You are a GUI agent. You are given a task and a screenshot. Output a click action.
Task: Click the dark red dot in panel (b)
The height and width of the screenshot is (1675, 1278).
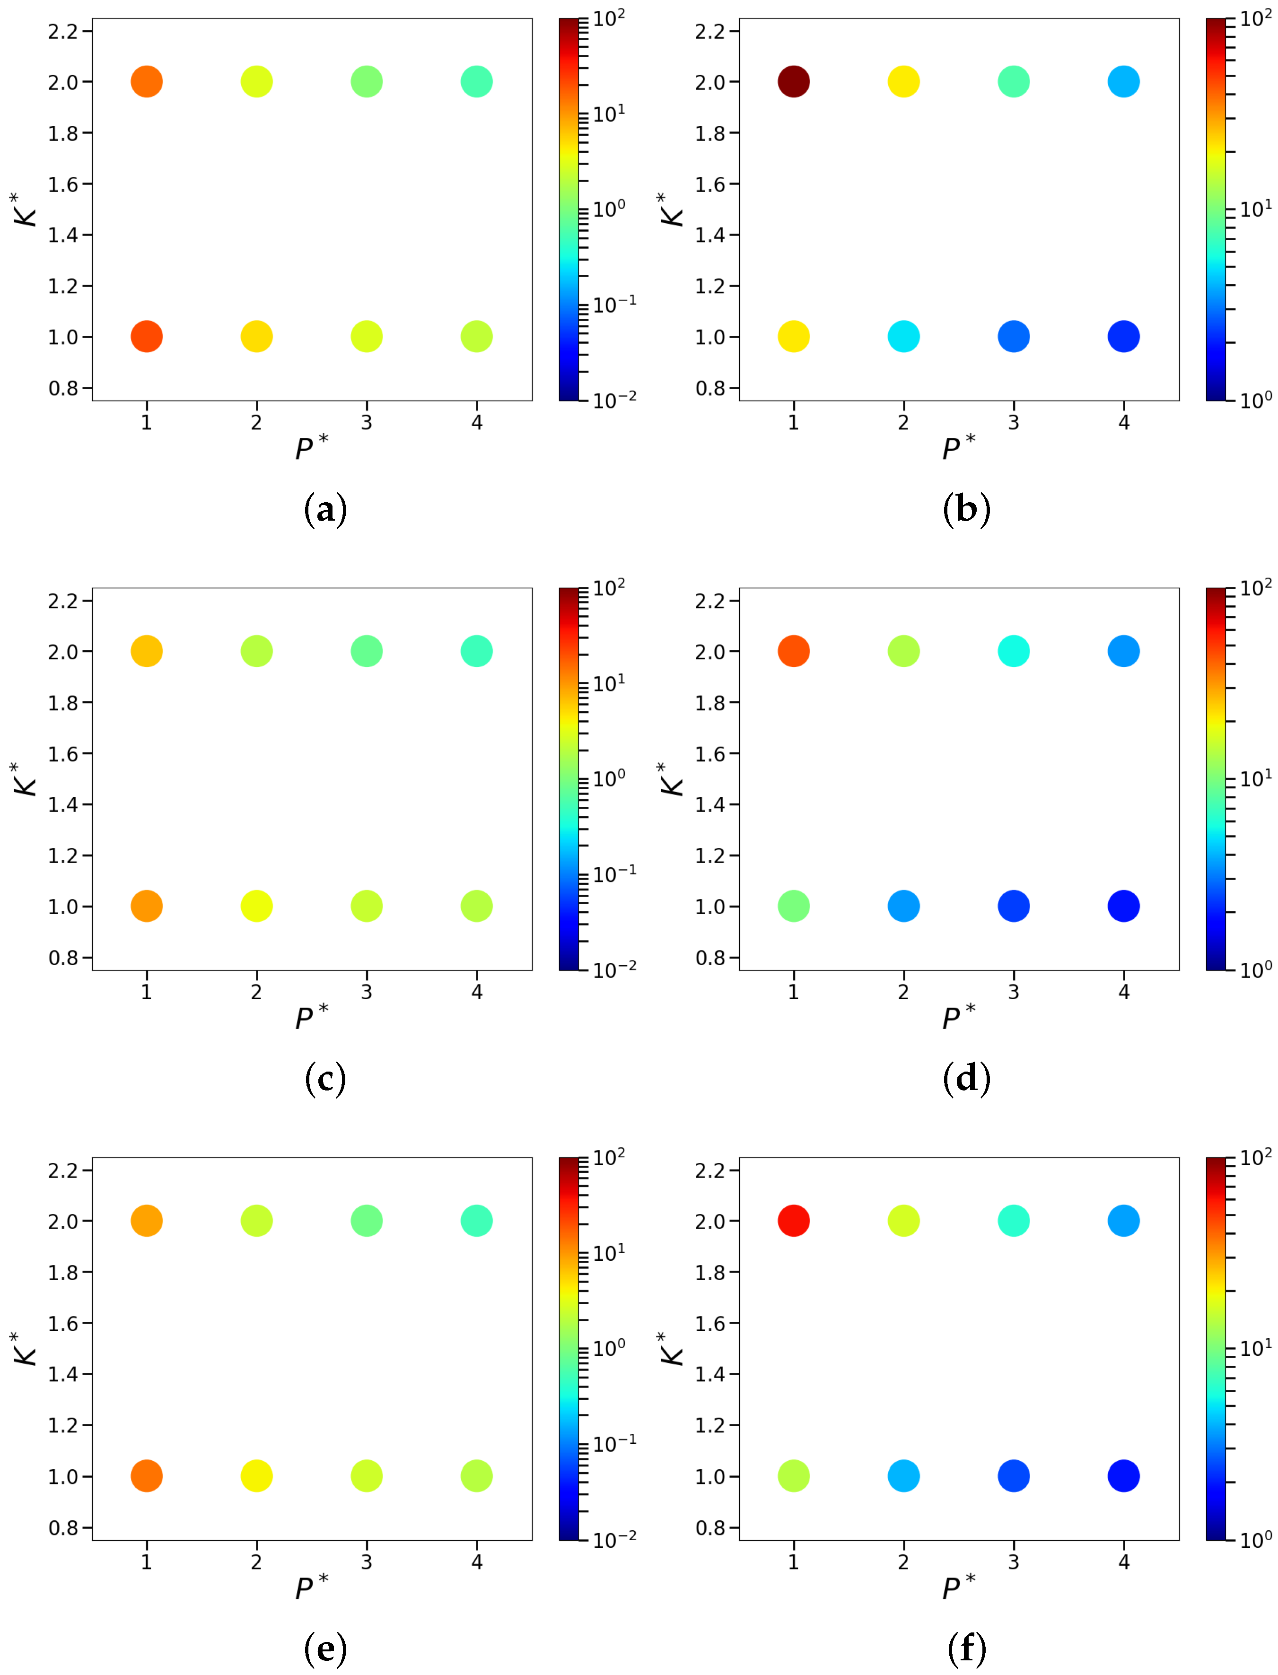793,81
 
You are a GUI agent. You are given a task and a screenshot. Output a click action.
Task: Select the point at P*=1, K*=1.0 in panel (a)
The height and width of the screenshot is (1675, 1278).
147,336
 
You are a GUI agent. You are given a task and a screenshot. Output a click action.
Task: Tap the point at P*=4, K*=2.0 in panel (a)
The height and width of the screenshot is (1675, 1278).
476,81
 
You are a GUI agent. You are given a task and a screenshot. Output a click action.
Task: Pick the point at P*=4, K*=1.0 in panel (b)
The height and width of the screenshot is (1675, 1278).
1124,336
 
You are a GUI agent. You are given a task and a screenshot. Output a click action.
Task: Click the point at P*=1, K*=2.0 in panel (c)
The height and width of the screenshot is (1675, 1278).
147,651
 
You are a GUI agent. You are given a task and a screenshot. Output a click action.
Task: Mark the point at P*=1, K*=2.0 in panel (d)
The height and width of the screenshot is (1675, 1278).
793,651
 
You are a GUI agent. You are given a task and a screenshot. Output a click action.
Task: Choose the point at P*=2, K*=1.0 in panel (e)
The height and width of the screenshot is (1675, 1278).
256,1476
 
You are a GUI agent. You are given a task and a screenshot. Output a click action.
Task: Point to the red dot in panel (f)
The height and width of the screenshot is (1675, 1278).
793,1221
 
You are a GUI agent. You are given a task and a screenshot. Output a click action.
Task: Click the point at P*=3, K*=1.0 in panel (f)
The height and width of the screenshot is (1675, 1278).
1013,1476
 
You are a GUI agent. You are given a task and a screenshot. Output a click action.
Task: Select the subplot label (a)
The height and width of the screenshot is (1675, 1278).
325,509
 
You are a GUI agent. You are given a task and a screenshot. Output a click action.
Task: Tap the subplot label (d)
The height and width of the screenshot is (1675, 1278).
966,1079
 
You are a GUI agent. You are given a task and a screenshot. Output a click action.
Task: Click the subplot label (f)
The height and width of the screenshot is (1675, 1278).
966,1649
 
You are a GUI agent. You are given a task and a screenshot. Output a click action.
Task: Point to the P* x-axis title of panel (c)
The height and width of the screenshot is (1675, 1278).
311,1018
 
